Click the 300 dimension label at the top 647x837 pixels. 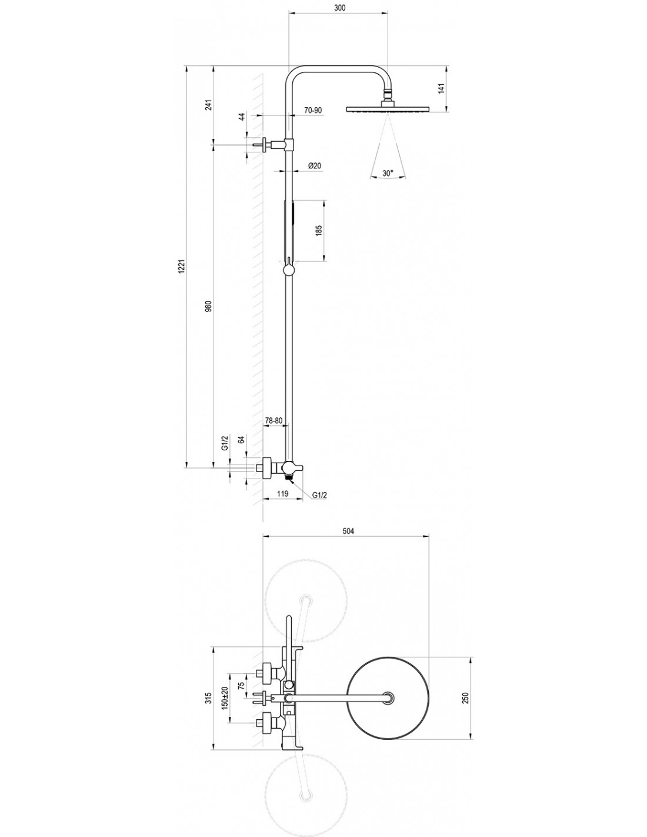(338, 8)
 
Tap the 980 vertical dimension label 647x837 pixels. (208, 305)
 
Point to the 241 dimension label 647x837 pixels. (208, 105)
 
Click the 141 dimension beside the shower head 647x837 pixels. (442, 89)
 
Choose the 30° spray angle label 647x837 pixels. (388, 173)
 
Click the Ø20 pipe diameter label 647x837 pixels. (315, 166)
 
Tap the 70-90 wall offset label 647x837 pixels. (312, 110)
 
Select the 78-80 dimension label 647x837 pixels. (274, 421)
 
